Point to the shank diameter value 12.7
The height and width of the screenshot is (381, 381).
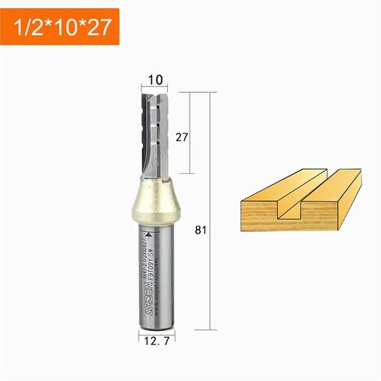point(155,341)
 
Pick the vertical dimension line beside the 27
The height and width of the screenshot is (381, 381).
point(192,133)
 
